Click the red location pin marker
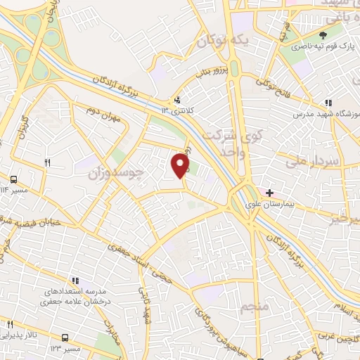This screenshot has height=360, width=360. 181,165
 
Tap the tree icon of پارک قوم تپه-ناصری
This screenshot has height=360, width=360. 323,36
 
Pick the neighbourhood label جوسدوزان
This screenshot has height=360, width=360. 124,171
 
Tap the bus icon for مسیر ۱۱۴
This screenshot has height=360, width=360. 14,179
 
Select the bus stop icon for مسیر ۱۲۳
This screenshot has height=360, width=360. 65,337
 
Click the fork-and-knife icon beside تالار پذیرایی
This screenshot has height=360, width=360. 10,325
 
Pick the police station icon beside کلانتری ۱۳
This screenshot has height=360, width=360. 177,101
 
